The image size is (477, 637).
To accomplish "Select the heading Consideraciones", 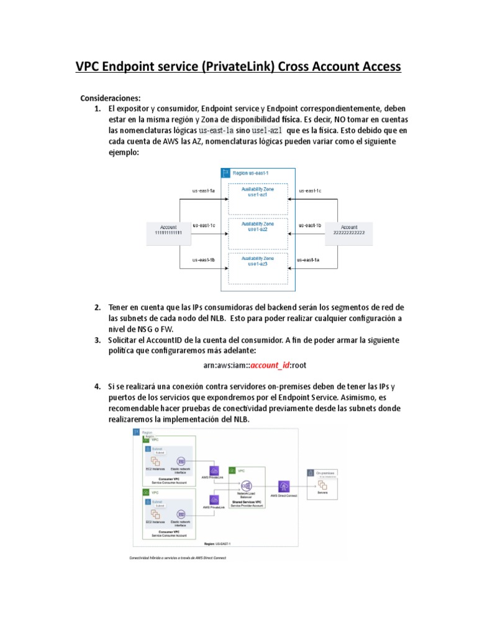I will pos(111,98).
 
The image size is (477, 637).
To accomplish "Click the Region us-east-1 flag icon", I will pos(225,172).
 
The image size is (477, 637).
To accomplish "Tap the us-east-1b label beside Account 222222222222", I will pos(309,225).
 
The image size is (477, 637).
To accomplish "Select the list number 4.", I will pos(98,387).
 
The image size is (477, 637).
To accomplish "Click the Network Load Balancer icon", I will pos(246,486).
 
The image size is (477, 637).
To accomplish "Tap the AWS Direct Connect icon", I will pos(285,485).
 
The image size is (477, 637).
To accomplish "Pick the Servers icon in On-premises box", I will pos(323,486).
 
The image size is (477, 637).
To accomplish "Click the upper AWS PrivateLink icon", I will pos(214,470).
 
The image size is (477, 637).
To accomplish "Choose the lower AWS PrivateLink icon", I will pos(214,500).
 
